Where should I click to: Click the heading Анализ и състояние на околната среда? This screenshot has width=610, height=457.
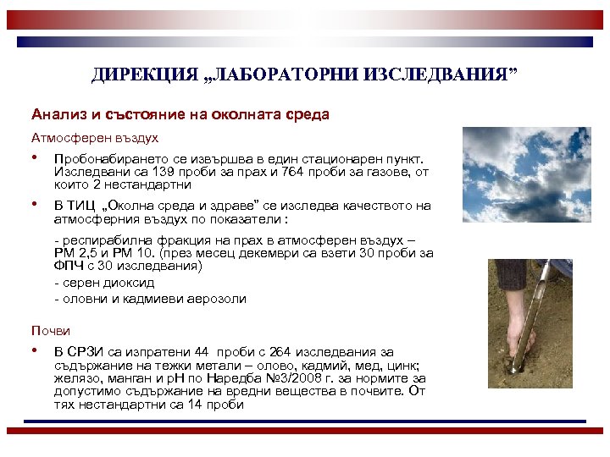click(x=180, y=113)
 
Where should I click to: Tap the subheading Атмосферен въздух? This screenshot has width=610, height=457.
click(x=95, y=136)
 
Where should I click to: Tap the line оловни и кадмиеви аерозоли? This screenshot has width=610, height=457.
click(x=150, y=298)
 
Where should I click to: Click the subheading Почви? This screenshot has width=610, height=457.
click(x=51, y=330)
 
